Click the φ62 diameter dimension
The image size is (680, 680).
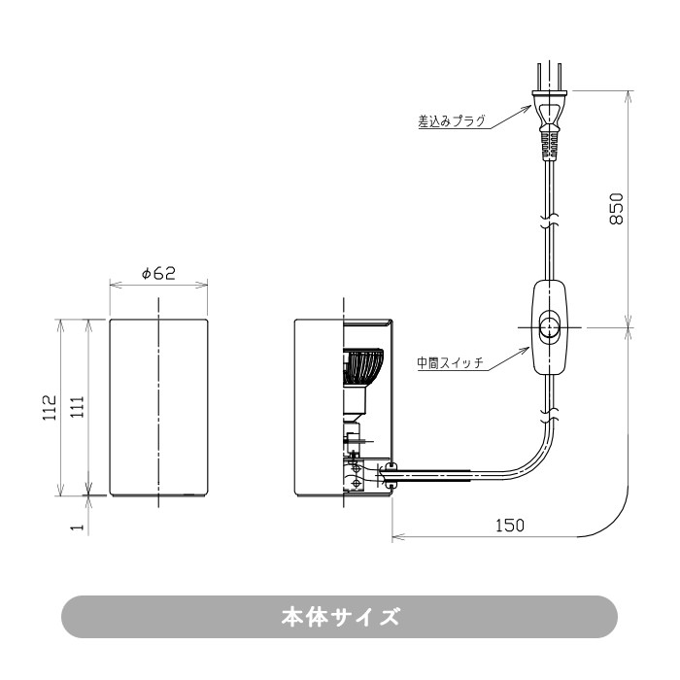[157, 274]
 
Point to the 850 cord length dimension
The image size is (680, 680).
[616, 207]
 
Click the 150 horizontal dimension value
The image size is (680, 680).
[509, 525]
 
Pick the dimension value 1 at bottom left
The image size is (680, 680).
[77, 527]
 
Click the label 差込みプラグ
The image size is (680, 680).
[451, 123]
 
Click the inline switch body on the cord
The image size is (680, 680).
[550, 327]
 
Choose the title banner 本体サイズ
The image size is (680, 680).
[340, 617]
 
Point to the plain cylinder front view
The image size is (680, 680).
[157, 407]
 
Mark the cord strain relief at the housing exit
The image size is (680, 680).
[391, 475]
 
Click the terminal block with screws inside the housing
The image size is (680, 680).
[357, 476]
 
